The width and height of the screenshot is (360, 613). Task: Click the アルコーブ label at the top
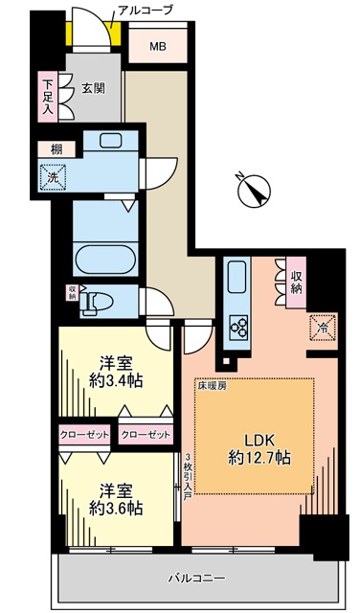[145, 11]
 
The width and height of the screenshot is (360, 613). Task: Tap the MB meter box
[158, 46]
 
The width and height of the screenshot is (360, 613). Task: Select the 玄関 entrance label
[93, 88]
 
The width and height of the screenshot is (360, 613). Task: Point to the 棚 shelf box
[56, 148]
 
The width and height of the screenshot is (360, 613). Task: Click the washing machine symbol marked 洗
[52, 177]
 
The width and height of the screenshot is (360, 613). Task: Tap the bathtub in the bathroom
[105, 260]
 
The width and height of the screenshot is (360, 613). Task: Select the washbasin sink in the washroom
[111, 141]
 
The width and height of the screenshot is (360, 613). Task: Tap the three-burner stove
[237, 328]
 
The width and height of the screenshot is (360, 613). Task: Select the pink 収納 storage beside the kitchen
[296, 282]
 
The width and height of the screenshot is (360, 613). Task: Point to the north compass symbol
[254, 190]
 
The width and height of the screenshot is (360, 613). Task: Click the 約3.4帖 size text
[115, 380]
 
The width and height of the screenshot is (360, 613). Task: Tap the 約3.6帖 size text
[115, 509]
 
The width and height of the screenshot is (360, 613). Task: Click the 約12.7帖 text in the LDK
[259, 458]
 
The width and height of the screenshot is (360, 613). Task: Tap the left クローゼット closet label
[83, 435]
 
